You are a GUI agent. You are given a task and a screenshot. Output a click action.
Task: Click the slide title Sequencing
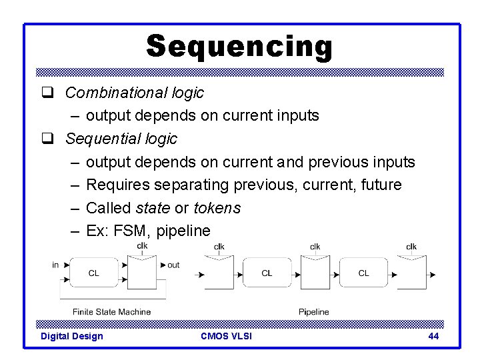click(x=239, y=47)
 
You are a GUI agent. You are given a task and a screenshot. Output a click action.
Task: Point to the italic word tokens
click(x=217, y=208)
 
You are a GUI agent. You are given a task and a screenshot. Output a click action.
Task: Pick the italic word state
click(x=152, y=208)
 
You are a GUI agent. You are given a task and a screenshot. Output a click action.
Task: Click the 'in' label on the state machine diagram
click(x=55, y=265)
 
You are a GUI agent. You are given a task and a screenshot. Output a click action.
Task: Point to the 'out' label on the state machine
click(x=173, y=265)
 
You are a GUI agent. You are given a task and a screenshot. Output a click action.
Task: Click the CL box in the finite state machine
click(x=94, y=273)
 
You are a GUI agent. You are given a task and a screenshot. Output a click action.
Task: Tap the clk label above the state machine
click(x=142, y=245)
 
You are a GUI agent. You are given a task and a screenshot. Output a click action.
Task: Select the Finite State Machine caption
click(x=112, y=311)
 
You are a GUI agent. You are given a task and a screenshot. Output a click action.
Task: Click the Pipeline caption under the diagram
click(x=313, y=311)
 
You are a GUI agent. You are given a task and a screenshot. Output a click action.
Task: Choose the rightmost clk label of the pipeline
click(x=411, y=247)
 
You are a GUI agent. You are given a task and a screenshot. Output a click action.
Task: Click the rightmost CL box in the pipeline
click(x=363, y=273)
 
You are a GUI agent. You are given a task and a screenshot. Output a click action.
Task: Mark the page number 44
click(x=433, y=336)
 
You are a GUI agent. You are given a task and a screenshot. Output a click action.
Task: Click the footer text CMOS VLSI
click(x=226, y=336)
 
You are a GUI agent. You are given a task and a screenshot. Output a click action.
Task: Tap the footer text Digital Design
click(x=72, y=336)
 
